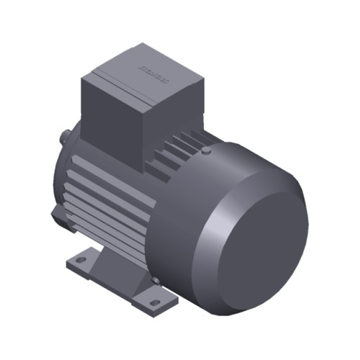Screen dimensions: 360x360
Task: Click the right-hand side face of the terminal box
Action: pos(176,108)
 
